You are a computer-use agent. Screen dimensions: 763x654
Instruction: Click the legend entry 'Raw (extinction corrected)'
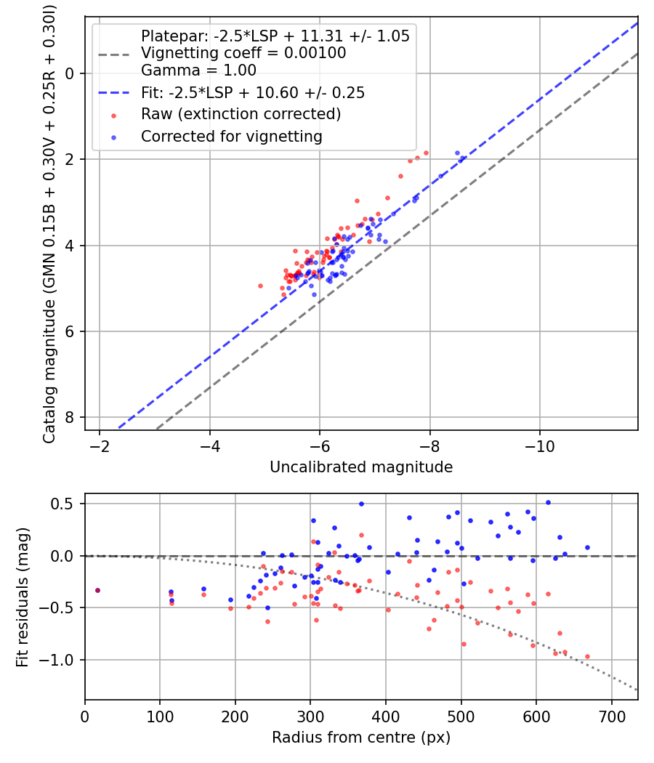click(x=241, y=114)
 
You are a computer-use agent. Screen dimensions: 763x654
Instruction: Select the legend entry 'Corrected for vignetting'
click(x=231, y=136)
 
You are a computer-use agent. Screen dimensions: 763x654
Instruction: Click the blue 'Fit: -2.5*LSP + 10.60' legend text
click(x=252, y=92)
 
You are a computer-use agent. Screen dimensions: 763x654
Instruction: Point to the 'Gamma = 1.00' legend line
click(x=198, y=70)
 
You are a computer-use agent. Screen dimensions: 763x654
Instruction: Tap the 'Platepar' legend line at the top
click(x=275, y=36)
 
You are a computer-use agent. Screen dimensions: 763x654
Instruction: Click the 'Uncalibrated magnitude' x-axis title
click(x=361, y=467)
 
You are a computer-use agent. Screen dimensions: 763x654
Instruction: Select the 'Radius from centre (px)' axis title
click(x=361, y=738)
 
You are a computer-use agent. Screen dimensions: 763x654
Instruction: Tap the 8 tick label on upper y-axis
click(x=70, y=418)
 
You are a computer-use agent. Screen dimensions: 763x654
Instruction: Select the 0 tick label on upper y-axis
click(x=70, y=73)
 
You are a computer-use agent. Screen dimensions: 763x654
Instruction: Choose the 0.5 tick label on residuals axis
click(x=65, y=504)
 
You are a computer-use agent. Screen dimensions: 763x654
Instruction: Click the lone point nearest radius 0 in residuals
click(x=97, y=590)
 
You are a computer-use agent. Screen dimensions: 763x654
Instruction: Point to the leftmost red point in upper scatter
click(x=260, y=286)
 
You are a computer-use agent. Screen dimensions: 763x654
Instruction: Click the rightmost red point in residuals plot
click(x=587, y=656)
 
